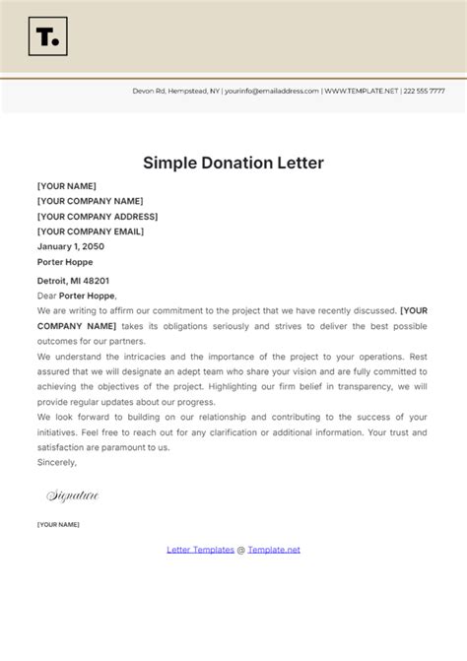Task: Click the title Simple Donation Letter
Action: [x=233, y=163]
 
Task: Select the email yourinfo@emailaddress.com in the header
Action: [x=272, y=91]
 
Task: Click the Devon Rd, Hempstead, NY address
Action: [x=176, y=91]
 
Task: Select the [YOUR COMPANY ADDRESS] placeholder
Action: [x=98, y=217]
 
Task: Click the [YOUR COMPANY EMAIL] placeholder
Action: [x=90, y=231]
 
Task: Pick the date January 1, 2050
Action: [x=69, y=246]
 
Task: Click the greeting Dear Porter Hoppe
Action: [x=77, y=296]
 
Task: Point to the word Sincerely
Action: [x=56, y=461]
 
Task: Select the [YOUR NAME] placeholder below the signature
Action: [x=58, y=525]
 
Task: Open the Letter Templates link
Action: [x=200, y=550]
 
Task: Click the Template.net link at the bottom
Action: [x=274, y=550]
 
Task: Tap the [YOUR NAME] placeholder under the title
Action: [x=66, y=186]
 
